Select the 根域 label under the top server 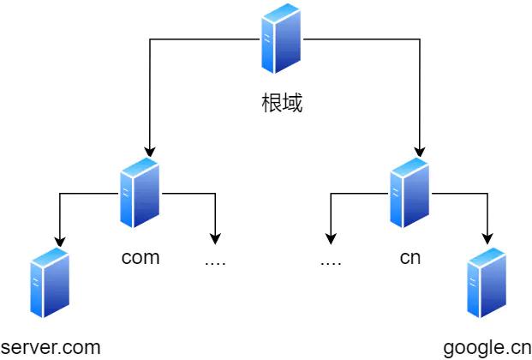[x=283, y=105]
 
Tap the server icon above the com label [x=140, y=193]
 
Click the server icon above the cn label [x=409, y=193]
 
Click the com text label [x=140, y=257]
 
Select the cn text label [x=410, y=257]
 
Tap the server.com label [x=51, y=348]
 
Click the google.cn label [x=487, y=348]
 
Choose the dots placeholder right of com [x=215, y=260]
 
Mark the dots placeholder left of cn [x=331, y=260]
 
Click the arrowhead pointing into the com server [x=150, y=151]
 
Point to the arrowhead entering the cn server [x=420, y=151]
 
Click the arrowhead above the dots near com [x=215, y=238]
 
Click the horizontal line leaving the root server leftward [x=206, y=39]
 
